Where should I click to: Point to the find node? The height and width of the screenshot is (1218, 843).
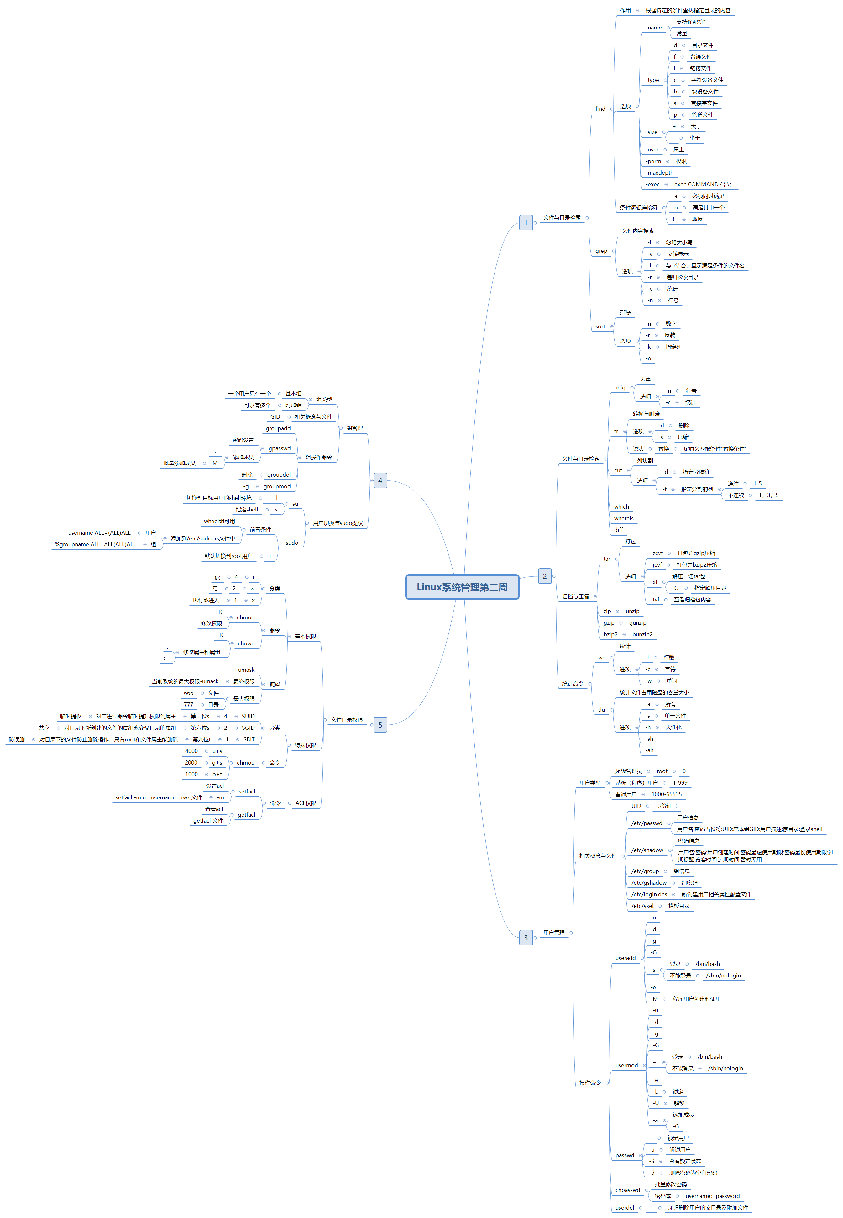pyautogui.click(x=600, y=109)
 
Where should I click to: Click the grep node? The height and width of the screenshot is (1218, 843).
pyautogui.click(x=601, y=251)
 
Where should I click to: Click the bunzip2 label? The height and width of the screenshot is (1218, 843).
pyautogui.click(x=642, y=634)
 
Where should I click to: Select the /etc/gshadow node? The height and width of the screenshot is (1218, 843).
pyautogui.click(x=649, y=882)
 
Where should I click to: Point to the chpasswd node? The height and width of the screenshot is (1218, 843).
pyautogui.click(x=627, y=1190)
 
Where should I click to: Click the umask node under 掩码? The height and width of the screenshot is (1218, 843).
pyautogui.click(x=246, y=670)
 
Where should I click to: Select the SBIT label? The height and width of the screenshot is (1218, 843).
pyautogui.click(x=249, y=739)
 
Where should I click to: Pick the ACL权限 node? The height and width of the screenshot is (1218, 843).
pyautogui.click(x=305, y=803)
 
